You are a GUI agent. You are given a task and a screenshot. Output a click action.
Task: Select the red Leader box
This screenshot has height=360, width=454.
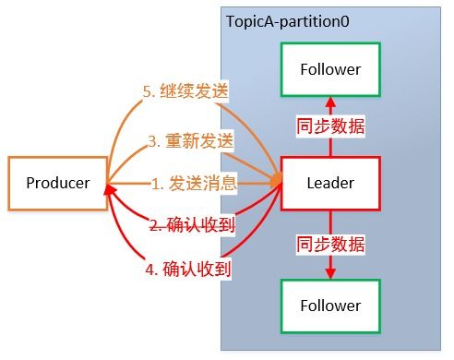pyautogui.click(x=330, y=183)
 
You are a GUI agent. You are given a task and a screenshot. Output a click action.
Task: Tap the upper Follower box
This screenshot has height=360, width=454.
pyautogui.click(x=330, y=69)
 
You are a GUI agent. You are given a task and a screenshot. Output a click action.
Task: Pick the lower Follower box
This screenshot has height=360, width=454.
pyautogui.click(x=330, y=304)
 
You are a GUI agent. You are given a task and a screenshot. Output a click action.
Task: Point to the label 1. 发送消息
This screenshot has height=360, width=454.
pyautogui.click(x=195, y=183)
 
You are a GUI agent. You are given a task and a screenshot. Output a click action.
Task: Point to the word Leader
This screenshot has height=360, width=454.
pyautogui.click(x=330, y=183)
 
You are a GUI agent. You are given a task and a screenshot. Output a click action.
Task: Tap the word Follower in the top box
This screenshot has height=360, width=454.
pyautogui.click(x=330, y=69)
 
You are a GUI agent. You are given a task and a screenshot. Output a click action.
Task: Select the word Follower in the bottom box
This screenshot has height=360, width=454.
pyautogui.click(x=330, y=304)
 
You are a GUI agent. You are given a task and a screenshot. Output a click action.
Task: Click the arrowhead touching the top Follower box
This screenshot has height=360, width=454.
pyautogui.click(x=330, y=101)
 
